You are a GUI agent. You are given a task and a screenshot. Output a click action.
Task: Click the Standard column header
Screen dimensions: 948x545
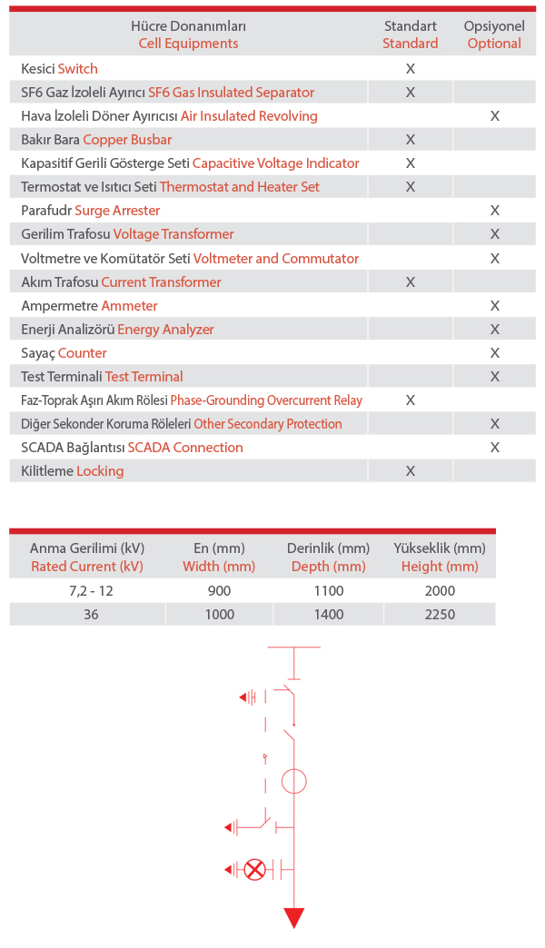click(411, 35)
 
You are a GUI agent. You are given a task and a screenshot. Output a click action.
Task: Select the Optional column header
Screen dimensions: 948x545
click(494, 35)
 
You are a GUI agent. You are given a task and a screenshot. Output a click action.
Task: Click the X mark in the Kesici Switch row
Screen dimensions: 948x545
click(411, 68)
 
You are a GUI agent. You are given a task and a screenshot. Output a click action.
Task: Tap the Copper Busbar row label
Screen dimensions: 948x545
click(96, 139)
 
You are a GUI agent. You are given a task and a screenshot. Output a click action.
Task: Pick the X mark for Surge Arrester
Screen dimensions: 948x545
click(495, 210)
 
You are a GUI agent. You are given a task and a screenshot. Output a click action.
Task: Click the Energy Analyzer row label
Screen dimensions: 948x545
click(117, 329)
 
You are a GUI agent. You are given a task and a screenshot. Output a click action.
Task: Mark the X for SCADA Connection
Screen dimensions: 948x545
click(495, 447)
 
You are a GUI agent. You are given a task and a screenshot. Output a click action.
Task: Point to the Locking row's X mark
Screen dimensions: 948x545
click(411, 470)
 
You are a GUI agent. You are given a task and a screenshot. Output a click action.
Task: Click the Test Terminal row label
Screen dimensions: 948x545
click(102, 376)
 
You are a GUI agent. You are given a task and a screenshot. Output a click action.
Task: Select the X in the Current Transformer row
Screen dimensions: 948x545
click(411, 281)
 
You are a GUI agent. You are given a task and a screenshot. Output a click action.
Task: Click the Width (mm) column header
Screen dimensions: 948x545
click(219, 557)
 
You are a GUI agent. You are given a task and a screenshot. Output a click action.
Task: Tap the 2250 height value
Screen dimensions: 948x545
click(440, 614)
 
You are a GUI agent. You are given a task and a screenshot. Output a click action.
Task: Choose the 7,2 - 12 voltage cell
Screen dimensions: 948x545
click(87, 590)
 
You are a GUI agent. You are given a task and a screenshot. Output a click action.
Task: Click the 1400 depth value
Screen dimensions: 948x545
click(328, 614)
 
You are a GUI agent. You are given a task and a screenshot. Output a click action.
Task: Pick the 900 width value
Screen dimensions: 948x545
click(219, 590)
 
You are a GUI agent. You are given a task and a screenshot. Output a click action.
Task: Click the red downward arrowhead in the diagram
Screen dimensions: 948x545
click(293, 917)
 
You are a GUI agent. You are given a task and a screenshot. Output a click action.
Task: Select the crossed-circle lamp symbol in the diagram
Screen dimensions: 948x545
click(255, 870)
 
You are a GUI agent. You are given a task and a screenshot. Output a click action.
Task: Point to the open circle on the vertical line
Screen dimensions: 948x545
click(293, 781)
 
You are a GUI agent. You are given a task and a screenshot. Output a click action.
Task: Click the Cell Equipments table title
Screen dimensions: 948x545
click(188, 35)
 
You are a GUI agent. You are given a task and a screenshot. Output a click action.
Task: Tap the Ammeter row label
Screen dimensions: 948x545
click(89, 305)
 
